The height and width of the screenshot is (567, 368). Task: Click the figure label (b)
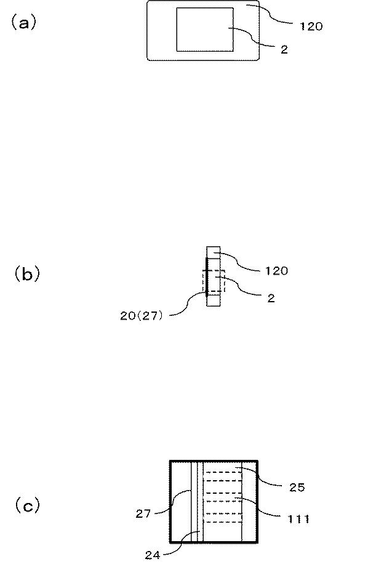click(27, 274)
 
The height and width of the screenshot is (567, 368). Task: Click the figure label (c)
click(27, 505)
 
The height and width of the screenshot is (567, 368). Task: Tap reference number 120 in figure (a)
click(311, 26)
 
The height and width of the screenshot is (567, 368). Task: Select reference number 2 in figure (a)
click(284, 49)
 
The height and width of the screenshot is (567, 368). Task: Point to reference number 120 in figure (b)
click(276, 271)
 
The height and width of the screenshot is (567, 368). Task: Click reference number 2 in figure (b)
click(271, 298)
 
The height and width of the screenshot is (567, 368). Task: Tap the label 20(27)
click(142, 316)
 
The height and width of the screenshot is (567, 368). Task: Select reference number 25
click(297, 488)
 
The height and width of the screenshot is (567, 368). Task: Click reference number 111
click(298, 519)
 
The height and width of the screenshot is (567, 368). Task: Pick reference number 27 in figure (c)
click(143, 513)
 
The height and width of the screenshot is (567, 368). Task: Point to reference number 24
click(152, 555)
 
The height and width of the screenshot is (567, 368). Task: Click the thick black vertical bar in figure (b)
click(206, 277)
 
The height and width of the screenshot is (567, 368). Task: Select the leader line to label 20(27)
click(187, 304)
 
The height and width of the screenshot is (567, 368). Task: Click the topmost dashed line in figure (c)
click(223, 472)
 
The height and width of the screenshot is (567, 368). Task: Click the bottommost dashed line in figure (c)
click(223, 522)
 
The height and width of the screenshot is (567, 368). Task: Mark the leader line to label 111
click(259, 507)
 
